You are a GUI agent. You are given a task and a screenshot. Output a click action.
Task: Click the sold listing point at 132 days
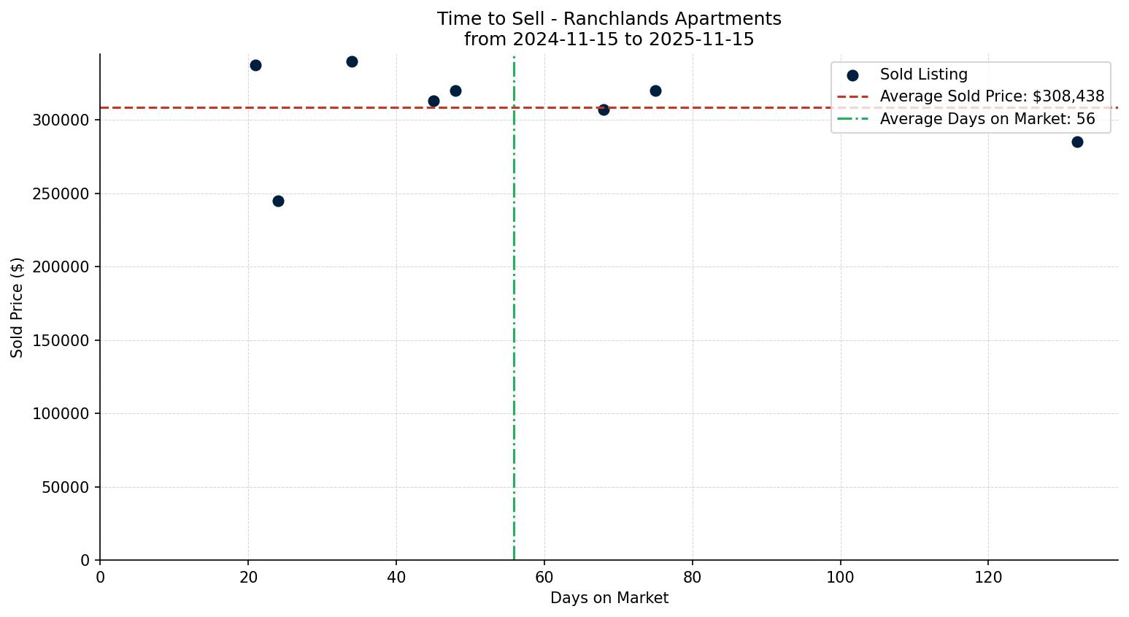click(x=1077, y=142)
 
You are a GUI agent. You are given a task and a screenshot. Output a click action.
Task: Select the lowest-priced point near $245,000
click(x=278, y=201)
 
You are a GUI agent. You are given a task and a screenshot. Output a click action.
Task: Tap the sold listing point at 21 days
click(x=255, y=65)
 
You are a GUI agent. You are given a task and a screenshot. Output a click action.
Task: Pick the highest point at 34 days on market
click(x=352, y=61)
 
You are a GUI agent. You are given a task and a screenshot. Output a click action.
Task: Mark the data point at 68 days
click(x=604, y=110)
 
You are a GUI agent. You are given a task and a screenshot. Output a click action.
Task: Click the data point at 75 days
click(x=655, y=91)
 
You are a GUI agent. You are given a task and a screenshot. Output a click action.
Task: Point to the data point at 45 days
click(x=434, y=101)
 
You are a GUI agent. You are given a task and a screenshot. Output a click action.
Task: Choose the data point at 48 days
click(x=455, y=91)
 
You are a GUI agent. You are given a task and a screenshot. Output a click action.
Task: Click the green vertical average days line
click(x=514, y=329)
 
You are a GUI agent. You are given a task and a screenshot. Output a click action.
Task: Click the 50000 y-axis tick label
click(x=65, y=487)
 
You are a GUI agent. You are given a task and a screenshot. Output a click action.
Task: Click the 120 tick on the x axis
click(x=988, y=578)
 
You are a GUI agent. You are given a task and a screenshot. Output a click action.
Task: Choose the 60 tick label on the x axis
click(x=544, y=578)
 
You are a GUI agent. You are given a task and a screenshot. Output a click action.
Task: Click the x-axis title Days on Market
click(x=609, y=598)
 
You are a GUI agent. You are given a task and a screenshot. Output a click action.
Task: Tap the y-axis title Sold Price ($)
click(x=17, y=307)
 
